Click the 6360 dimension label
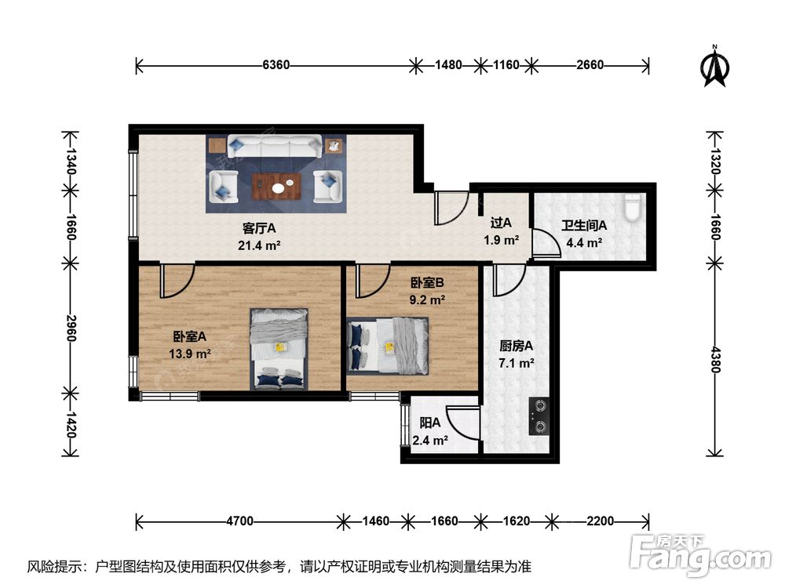click(x=276, y=65)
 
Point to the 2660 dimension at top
click(x=590, y=65)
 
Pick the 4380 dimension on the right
click(x=715, y=360)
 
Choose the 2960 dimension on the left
click(x=71, y=328)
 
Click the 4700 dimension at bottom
click(x=239, y=521)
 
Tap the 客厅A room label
click(x=259, y=228)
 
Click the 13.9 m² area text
click(x=190, y=354)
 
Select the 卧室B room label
click(x=427, y=283)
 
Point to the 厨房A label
click(x=517, y=346)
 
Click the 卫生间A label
click(x=584, y=226)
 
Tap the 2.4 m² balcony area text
click(x=430, y=441)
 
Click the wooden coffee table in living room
click(x=276, y=187)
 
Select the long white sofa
click(x=275, y=147)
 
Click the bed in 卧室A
click(x=279, y=349)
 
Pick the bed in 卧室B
click(x=388, y=346)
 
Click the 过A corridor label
click(x=501, y=223)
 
